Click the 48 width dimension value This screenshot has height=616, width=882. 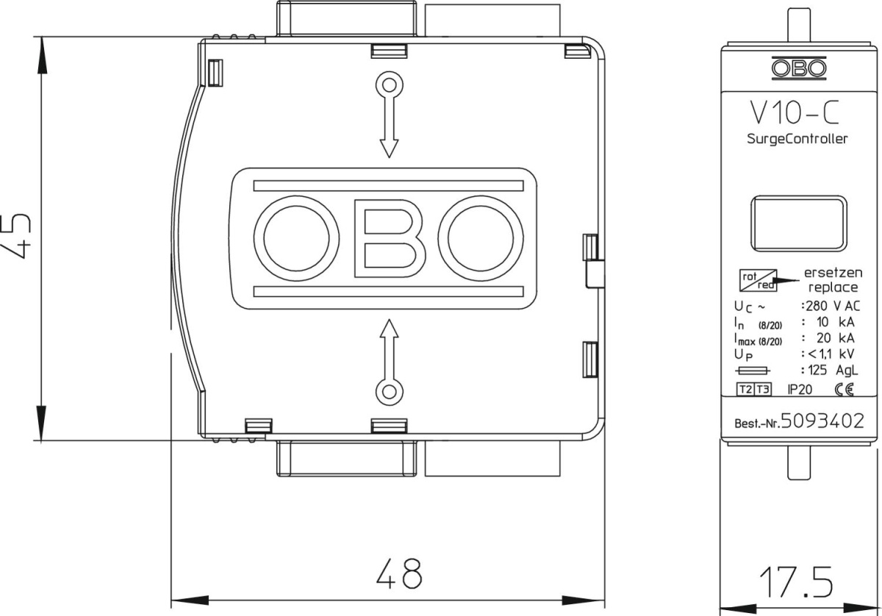tap(399, 573)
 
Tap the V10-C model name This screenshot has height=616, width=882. tap(794, 112)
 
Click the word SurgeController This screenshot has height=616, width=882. tap(797, 139)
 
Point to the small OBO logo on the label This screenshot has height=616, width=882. tap(799, 68)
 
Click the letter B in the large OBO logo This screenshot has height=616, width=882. tap(390, 238)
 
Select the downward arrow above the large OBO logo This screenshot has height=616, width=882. tap(389, 114)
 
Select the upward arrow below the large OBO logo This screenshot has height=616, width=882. tap(389, 362)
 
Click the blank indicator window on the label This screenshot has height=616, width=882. tap(798, 223)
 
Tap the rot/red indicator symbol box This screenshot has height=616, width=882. tap(758, 280)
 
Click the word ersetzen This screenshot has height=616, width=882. tap(833, 273)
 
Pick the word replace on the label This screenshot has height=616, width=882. tap(833, 287)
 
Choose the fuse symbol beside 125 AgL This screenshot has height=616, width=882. tap(753, 370)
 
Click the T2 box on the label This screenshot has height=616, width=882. tap(745, 390)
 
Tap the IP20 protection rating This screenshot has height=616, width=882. tap(800, 390)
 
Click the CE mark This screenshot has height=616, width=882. tap(845, 390)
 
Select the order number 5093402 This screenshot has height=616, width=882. tap(822, 421)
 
